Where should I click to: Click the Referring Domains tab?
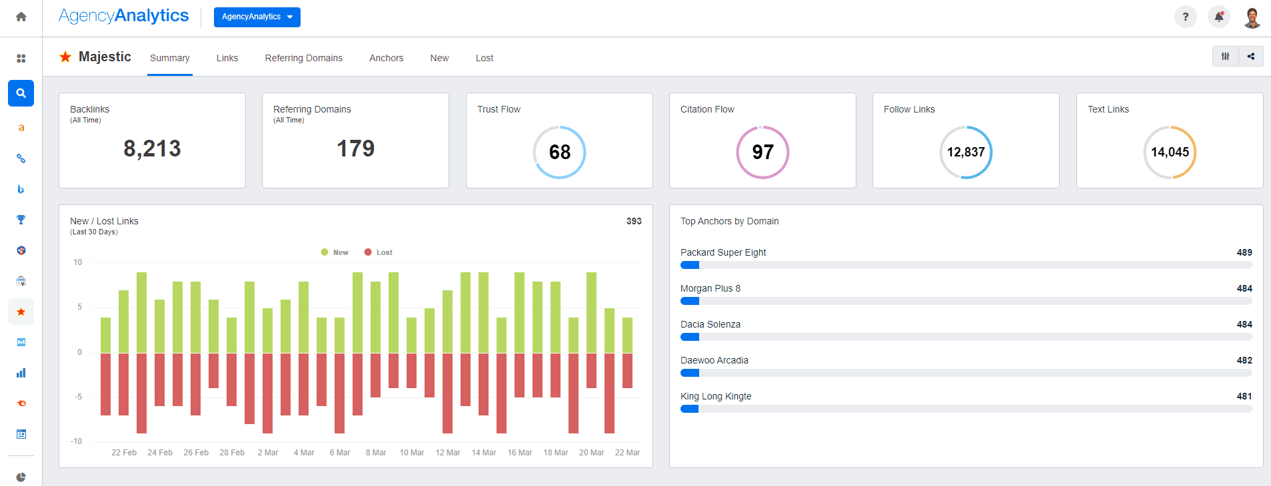point(303,58)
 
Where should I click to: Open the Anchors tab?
point(386,58)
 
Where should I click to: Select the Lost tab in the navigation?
point(484,58)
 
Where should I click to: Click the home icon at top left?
point(21,17)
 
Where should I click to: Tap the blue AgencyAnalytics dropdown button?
point(257,17)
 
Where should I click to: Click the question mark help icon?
point(1185,17)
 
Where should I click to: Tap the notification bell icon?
point(1219,17)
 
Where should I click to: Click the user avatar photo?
point(1252,17)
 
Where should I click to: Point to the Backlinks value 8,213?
point(152,148)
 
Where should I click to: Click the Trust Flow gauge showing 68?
point(559,152)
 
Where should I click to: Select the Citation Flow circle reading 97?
point(762,152)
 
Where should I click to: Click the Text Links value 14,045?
point(1170,152)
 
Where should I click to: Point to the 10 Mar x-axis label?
point(411,453)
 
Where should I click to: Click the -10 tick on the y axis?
point(77,441)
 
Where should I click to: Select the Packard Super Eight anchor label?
point(722,252)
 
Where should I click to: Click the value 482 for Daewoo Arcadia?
point(1244,360)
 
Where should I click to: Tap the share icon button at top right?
point(1251,57)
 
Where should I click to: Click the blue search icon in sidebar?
point(21,93)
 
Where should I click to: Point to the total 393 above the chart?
point(633,221)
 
